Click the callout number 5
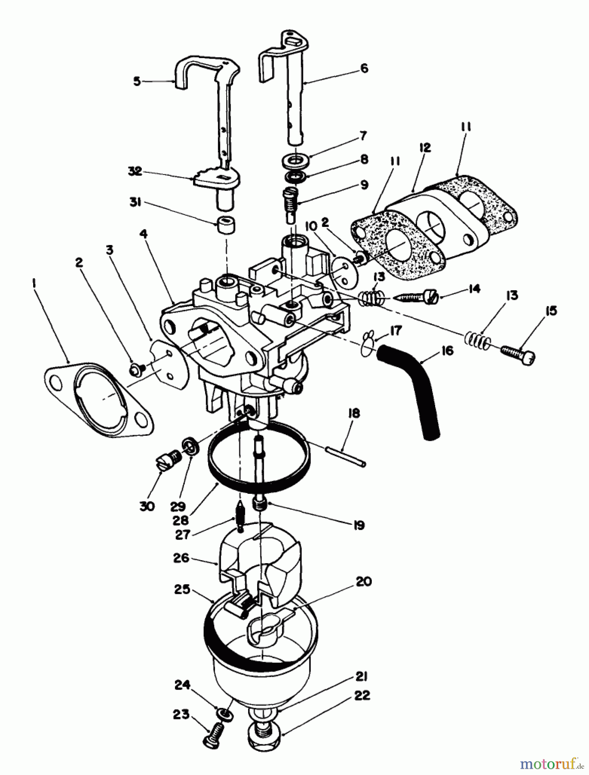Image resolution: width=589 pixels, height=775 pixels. pos(137,81)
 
